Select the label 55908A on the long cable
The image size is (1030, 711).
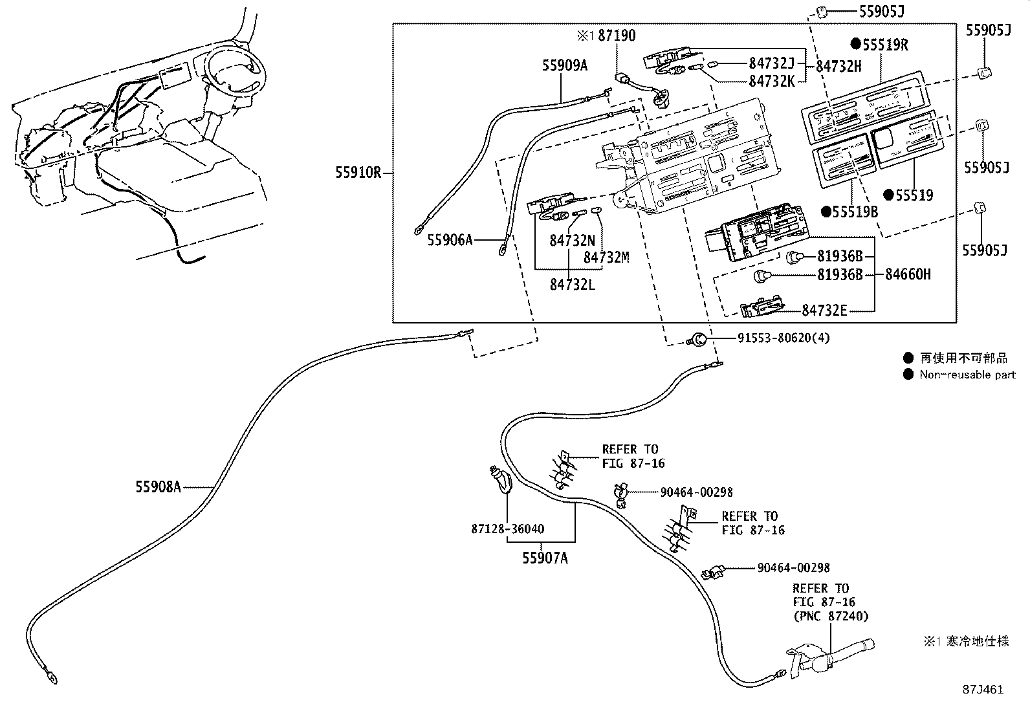[158, 487]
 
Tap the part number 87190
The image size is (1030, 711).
[616, 36]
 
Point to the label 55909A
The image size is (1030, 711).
[564, 65]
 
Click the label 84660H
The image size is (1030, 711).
[908, 274]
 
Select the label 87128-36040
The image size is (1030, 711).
[507, 529]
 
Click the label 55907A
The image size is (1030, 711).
[545, 558]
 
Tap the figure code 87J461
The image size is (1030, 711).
[982, 689]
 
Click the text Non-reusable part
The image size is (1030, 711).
[967, 375]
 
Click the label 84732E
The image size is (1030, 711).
[824, 311]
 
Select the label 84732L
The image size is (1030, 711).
[572, 284]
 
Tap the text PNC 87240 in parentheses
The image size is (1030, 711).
[831, 616]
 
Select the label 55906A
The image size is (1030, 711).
[450, 240]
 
